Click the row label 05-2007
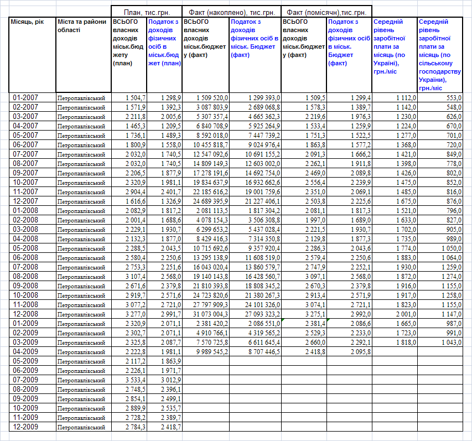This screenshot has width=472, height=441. coord(25,135)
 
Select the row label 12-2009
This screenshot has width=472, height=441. coord(25,427)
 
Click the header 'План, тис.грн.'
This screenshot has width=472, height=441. coord(147,12)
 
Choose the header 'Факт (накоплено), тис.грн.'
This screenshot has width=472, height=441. coord(231,12)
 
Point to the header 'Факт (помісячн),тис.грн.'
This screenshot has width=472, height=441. coord(326,12)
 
